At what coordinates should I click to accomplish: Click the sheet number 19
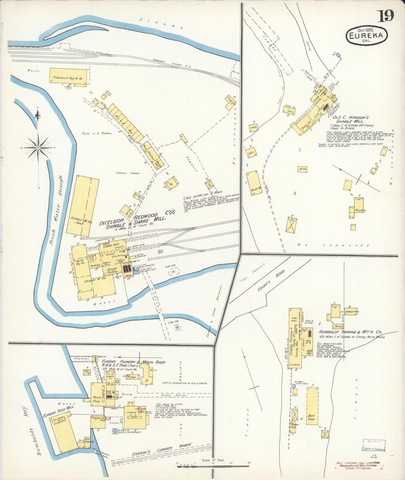[x=387, y=16]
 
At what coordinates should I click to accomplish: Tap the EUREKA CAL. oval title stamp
[x=367, y=36]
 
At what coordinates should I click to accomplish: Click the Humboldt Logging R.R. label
[x=172, y=63]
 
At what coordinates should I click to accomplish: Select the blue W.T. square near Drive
[x=338, y=55]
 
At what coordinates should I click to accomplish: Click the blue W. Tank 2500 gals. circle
[x=293, y=386]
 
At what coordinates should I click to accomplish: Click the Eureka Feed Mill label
[x=58, y=411]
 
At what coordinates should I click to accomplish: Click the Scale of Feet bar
[x=213, y=466]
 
